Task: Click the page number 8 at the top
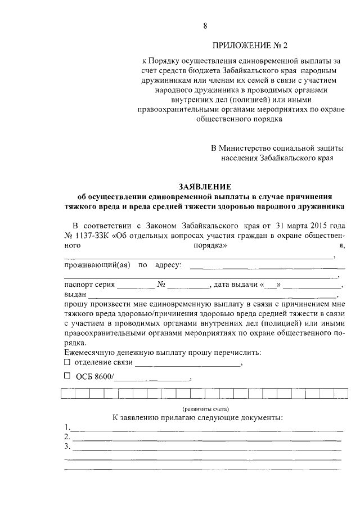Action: pyautogui.click(x=205, y=25)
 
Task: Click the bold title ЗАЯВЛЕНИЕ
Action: pyautogui.click(x=205, y=187)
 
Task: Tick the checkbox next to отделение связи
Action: pyautogui.click(x=67, y=362)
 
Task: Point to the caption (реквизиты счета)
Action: pyautogui.click(x=205, y=408)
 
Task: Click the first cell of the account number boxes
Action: pyautogui.click(x=67, y=394)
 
